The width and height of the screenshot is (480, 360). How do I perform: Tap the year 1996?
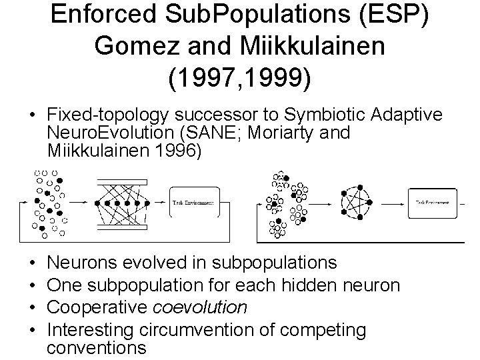click(177, 150)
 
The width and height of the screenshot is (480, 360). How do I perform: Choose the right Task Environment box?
click(433, 202)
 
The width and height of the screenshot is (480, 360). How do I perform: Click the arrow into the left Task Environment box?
click(161, 202)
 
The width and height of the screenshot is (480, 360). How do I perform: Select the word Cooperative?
click(100, 307)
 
